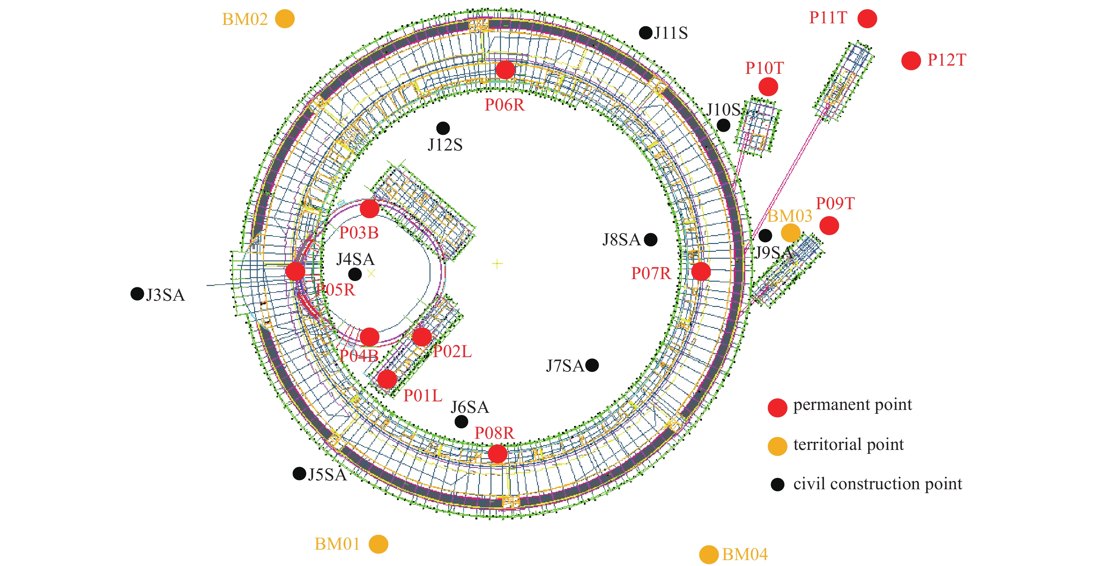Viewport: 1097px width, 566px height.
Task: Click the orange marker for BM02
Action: (x=285, y=19)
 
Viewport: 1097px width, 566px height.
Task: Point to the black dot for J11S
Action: (x=646, y=32)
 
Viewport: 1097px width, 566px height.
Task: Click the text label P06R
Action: (x=505, y=105)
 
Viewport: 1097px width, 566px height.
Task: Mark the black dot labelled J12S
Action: (x=443, y=128)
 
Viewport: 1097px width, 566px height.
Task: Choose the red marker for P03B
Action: (x=369, y=209)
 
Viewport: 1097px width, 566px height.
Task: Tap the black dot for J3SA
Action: (x=137, y=293)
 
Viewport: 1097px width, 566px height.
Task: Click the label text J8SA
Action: (x=621, y=240)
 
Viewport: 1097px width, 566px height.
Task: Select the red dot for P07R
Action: (x=701, y=271)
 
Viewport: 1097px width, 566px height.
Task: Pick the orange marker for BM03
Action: (x=790, y=233)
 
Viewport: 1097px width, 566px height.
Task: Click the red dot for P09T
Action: (x=829, y=225)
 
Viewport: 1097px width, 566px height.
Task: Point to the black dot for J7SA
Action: (x=592, y=365)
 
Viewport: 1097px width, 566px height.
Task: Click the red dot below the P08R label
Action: (x=497, y=454)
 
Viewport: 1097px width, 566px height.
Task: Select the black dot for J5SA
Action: (x=299, y=473)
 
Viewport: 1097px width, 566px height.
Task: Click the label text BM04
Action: (x=745, y=555)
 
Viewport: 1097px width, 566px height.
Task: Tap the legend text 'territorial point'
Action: (x=848, y=444)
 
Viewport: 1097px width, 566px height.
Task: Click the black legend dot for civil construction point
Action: (x=777, y=484)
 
